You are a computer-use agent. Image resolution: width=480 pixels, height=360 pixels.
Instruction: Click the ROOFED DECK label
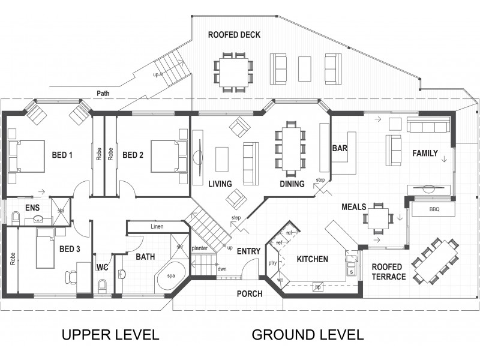point(234,35)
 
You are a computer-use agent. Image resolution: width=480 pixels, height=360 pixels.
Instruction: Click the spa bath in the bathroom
point(170,276)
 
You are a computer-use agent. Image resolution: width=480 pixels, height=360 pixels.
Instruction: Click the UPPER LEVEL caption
point(110,334)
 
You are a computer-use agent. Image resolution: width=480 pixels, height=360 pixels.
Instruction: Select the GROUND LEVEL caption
point(307,334)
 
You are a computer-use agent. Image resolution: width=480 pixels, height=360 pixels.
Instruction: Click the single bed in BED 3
point(44,248)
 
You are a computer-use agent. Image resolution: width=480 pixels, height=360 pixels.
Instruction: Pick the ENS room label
point(32,208)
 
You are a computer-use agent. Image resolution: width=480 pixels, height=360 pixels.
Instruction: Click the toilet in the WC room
point(101,286)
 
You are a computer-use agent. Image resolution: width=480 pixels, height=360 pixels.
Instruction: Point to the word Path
point(104,94)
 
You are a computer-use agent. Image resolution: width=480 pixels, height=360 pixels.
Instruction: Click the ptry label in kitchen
point(272,263)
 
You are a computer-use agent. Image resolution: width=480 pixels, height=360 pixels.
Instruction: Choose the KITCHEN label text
point(312,259)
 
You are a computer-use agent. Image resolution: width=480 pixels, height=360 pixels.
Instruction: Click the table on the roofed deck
point(233,73)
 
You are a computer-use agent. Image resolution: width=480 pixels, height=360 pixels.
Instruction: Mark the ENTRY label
point(248,251)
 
